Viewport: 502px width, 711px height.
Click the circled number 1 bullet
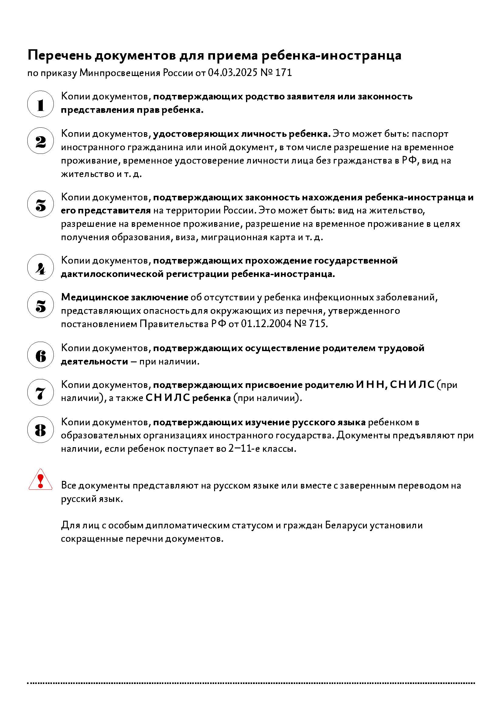40,104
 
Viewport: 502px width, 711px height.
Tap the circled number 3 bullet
40,204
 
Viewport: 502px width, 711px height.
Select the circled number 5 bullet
40,305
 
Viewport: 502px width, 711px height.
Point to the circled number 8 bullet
40,430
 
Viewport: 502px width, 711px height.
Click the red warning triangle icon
40,480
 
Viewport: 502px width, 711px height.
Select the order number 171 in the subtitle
283,73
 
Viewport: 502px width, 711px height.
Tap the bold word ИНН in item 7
370,385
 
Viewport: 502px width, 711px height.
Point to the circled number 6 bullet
40,355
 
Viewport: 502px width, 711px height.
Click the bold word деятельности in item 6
94,361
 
